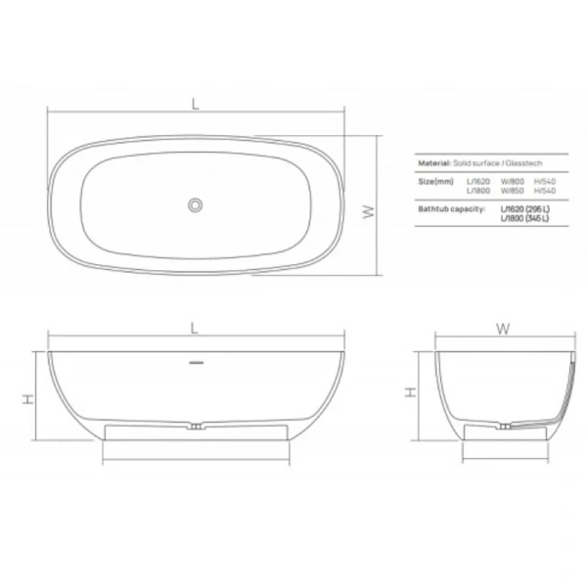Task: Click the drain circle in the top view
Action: (x=196, y=204)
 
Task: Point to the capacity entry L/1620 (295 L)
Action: (x=524, y=209)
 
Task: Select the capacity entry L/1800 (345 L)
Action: (x=524, y=218)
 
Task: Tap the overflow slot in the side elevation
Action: (x=196, y=362)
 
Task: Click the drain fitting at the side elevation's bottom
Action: (x=196, y=427)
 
